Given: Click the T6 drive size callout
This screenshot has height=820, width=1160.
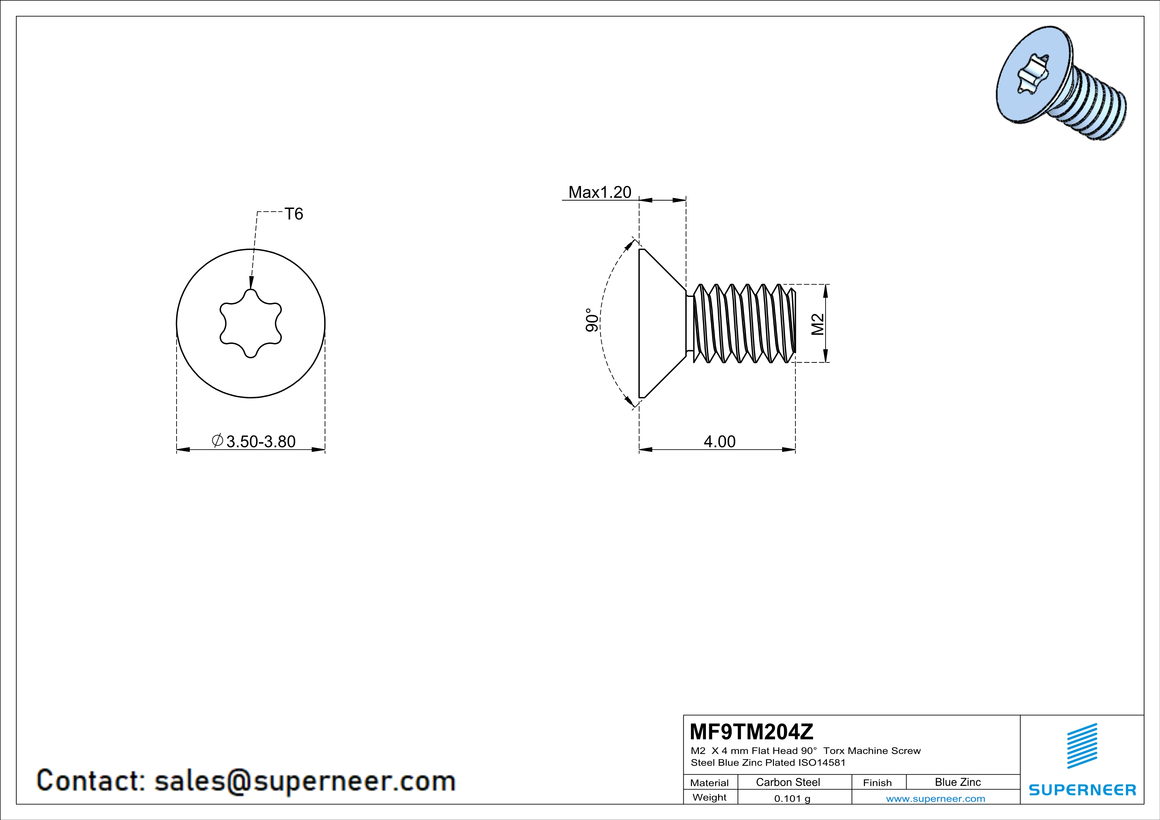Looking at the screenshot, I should click(x=293, y=214).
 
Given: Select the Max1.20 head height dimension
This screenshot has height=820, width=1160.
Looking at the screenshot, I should click(x=600, y=192).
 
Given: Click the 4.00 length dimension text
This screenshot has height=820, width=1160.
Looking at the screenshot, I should click(x=719, y=442).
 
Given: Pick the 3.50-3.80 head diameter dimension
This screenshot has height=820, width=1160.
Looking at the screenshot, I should click(x=260, y=442).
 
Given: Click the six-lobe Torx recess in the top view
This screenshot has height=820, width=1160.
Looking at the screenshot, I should click(x=251, y=323).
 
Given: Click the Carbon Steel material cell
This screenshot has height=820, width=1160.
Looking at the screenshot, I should click(x=788, y=782).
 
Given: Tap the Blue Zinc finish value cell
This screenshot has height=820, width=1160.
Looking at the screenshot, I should click(x=957, y=782).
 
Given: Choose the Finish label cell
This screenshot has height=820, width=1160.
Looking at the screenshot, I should click(x=877, y=783).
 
